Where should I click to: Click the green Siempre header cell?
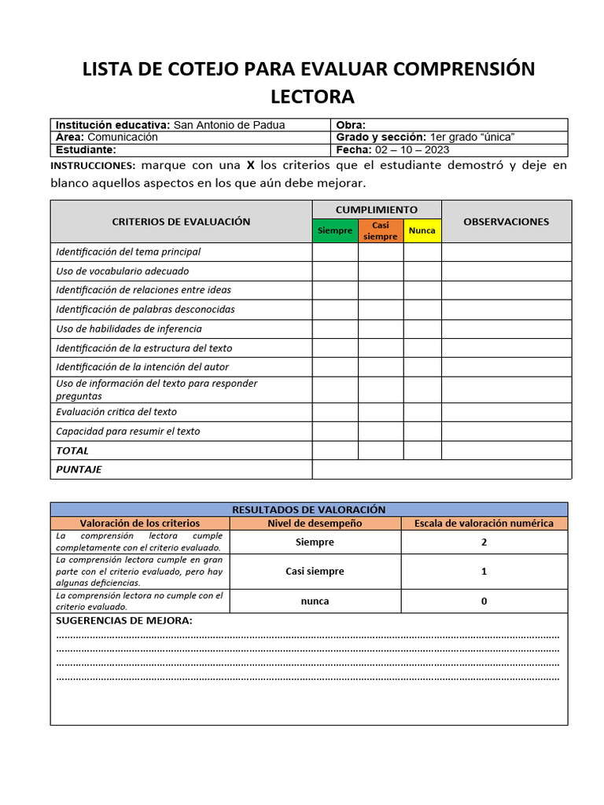(x=335, y=231)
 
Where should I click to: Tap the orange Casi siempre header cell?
(x=381, y=231)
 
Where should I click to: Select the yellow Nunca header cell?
(x=422, y=231)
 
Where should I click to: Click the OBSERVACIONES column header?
(x=506, y=222)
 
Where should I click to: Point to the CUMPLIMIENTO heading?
(x=377, y=210)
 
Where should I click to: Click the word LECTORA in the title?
(x=312, y=97)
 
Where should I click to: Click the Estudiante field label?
(x=86, y=149)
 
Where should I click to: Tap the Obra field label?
(x=351, y=125)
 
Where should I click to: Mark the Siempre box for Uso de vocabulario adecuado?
(x=335, y=271)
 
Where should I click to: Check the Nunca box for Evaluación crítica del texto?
(x=422, y=412)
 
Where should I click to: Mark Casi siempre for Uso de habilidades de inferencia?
(x=381, y=329)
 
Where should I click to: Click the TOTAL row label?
(x=72, y=450)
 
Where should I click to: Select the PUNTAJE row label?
(x=79, y=469)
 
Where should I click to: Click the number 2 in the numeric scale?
(x=484, y=542)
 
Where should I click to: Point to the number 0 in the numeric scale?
(x=484, y=601)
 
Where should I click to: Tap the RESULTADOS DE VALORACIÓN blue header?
(x=308, y=509)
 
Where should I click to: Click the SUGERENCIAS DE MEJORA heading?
(x=123, y=621)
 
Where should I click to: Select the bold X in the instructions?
(x=251, y=166)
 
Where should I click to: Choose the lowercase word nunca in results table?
(x=315, y=601)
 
